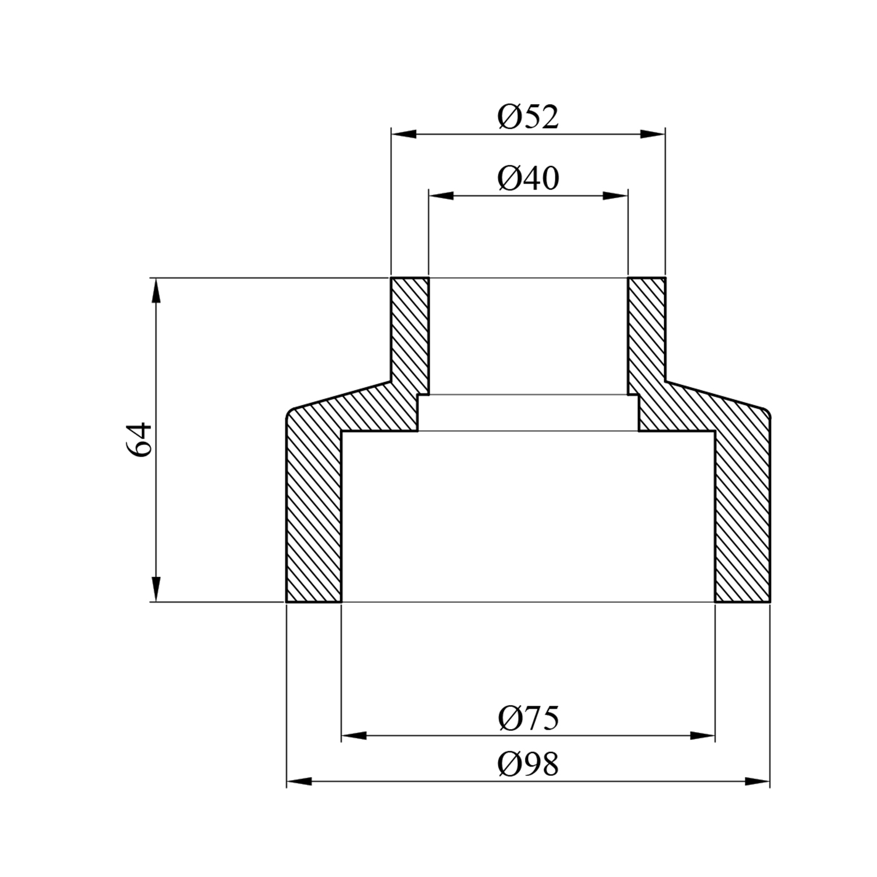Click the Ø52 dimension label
coord(528,117)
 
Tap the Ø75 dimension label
coord(528,718)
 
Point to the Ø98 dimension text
coord(528,764)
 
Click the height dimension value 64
coord(139,440)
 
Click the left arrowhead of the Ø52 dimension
coord(404,134)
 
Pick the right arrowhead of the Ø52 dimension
coord(652,134)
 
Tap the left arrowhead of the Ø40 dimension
coord(441,195)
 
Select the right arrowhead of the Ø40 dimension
coord(615,195)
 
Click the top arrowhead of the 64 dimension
coord(156,291)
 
